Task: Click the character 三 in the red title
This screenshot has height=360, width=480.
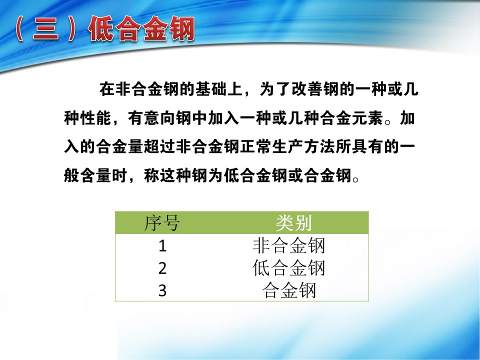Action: [46, 29]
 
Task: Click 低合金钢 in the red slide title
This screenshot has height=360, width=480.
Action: [141, 29]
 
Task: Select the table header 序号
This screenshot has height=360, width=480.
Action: [162, 223]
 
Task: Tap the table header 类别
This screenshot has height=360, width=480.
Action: [293, 223]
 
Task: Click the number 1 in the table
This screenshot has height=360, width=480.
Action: [162, 246]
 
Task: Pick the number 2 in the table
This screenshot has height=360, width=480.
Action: [162, 268]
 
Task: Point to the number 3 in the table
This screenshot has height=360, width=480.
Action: [162, 290]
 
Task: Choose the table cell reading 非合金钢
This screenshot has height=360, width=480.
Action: [288, 245]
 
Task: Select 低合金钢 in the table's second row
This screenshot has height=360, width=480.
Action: [288, 268]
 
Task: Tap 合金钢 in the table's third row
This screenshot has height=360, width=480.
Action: [289, 290]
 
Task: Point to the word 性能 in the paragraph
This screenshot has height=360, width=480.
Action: [96, 118]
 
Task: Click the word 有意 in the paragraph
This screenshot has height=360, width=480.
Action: [144, 118]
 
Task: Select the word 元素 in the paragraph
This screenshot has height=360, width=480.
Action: [367, 118]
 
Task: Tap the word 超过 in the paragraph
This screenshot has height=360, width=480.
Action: [160, 147]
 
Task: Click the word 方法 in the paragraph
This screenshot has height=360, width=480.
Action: [320, 147]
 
